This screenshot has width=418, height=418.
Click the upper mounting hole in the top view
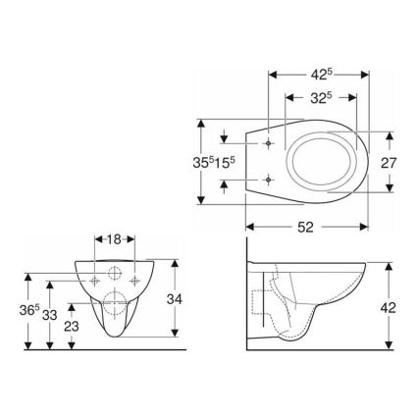[x=268, y=143]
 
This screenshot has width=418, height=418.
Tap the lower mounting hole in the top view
[x=268, y=180]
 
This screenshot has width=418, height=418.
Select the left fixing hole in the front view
[x=94, y=279]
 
